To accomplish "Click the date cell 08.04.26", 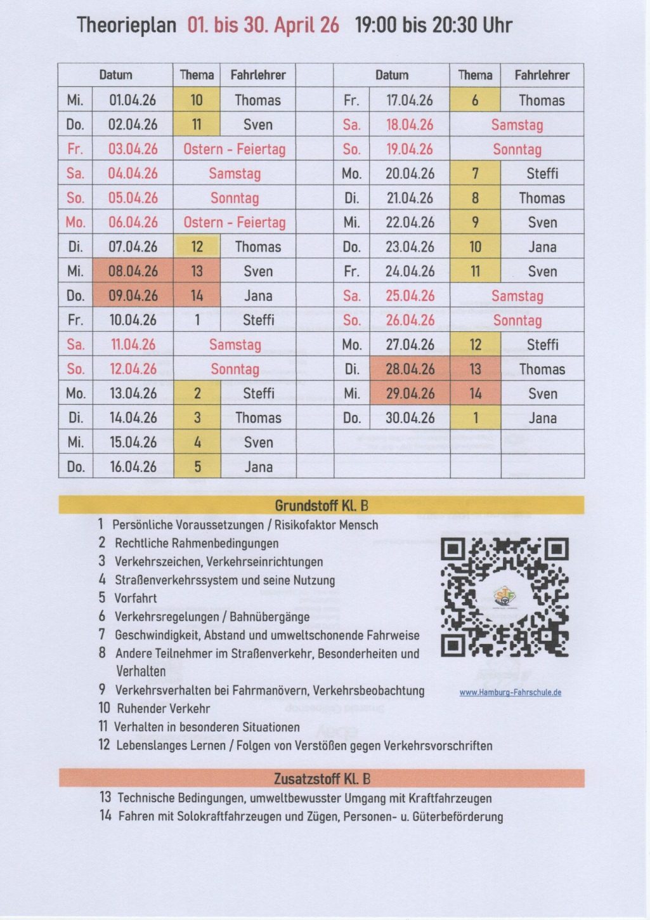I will pyautogui.click(x=133, y=272).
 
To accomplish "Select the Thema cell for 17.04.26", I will pyautogui.click(x=475, y=100).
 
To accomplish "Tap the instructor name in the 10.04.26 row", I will pyautogui.click(x=258, y=320).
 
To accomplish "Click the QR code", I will pyautogui.click(x=504, y=597).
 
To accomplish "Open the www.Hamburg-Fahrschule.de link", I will pyautogui.click(x=510, y=692).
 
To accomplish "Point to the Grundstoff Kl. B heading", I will pyautogui.click(x=321, y=506).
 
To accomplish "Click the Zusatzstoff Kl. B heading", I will pyautogui.click(x=321, y=779).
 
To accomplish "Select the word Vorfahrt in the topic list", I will pyautogui.click(x=135, y=598).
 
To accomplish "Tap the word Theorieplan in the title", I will pyautogui.click(x=126, y=25).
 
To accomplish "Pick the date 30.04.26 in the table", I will pyautogui.click(x=410, y=418).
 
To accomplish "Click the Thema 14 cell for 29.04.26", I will pyautogui.click(x=475, y=394).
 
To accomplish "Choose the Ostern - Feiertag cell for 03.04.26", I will pyautogui.click(x=234, y=150).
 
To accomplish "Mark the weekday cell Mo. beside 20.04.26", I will pyautogui.click(x=351, y=174).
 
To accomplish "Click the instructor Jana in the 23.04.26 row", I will pyautogui.click(x=542, y=247).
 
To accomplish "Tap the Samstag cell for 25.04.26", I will pyautogui.click(x=517, y=296).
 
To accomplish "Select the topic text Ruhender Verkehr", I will pyautogui.click(x=163, y=709).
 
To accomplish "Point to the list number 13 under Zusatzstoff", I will pyautogui.click(x=105, y=798).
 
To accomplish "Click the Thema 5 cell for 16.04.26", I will pyautogui.click(x=197, y=467).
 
